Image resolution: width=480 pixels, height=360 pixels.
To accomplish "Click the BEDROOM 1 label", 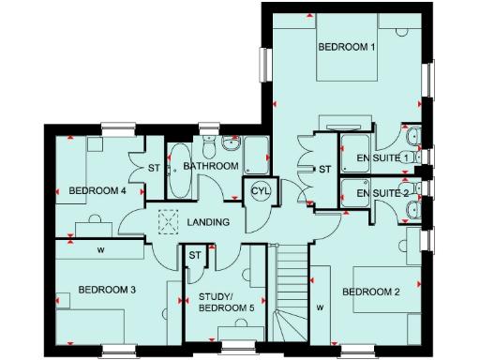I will (347, 46).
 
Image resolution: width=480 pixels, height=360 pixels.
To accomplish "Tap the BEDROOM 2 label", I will (371, 292).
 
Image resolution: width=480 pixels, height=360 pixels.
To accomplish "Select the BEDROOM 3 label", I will (107, 290).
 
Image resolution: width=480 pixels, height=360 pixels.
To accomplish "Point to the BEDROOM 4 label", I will (97, 191).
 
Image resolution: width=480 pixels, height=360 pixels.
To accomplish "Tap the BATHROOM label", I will (211, 166).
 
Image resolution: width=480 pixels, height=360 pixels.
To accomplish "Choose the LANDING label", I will (207, 222).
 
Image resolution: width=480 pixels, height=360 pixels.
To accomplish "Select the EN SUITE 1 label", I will (378, 158).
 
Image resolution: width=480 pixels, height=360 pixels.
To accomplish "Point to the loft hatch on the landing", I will (170, 221).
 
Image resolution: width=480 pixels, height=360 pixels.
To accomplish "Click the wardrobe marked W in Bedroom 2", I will (321, 305).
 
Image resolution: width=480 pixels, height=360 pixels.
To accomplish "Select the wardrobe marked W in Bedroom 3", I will (99, 249).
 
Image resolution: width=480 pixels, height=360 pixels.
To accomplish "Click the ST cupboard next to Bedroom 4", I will (155, 169).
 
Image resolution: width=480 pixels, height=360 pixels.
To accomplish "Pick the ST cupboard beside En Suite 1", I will (324, 170).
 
